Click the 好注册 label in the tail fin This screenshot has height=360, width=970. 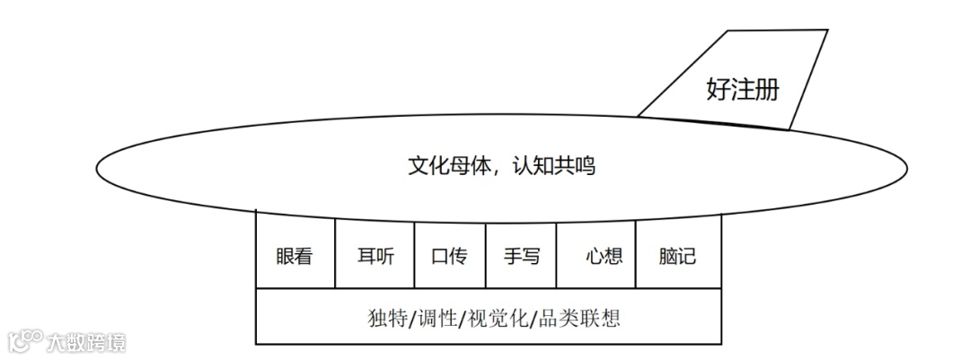pos(742,90)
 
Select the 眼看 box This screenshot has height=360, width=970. pos(295,256)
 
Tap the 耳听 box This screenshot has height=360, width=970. pos(370,256)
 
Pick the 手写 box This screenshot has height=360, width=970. pos(522,256)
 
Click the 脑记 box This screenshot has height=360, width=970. pos(678,256)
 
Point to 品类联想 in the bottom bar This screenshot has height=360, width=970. pos(581,318)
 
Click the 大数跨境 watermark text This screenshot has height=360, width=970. pos(86,342)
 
